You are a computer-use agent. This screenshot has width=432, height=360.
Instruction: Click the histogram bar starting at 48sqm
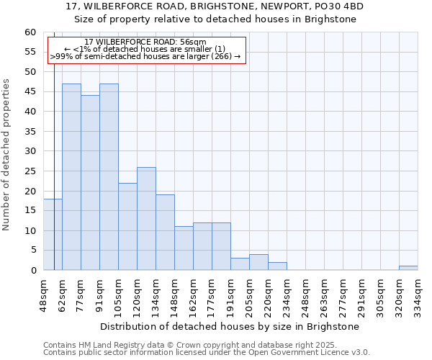click(x=53, y=235)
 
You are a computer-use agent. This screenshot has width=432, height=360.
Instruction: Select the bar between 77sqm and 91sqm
click(x=90, y=183)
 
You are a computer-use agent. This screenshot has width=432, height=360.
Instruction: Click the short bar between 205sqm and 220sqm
click(x=258, y=263)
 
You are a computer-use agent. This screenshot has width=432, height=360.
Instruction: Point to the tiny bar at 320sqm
click(x=408, y=268)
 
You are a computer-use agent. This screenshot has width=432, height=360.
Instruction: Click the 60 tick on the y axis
click(x=30, y=32)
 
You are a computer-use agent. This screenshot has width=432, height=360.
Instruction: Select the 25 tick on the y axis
click(x=30, y=171)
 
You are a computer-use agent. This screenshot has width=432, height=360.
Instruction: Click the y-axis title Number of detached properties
click(x=7, y=155)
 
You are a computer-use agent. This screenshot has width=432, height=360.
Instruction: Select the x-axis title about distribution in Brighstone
click(x=230, y=326)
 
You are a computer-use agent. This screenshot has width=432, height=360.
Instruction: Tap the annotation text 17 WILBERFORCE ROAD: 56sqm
click(x=145, y=42)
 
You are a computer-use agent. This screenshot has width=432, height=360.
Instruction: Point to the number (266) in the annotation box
click(x=220, y=56)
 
